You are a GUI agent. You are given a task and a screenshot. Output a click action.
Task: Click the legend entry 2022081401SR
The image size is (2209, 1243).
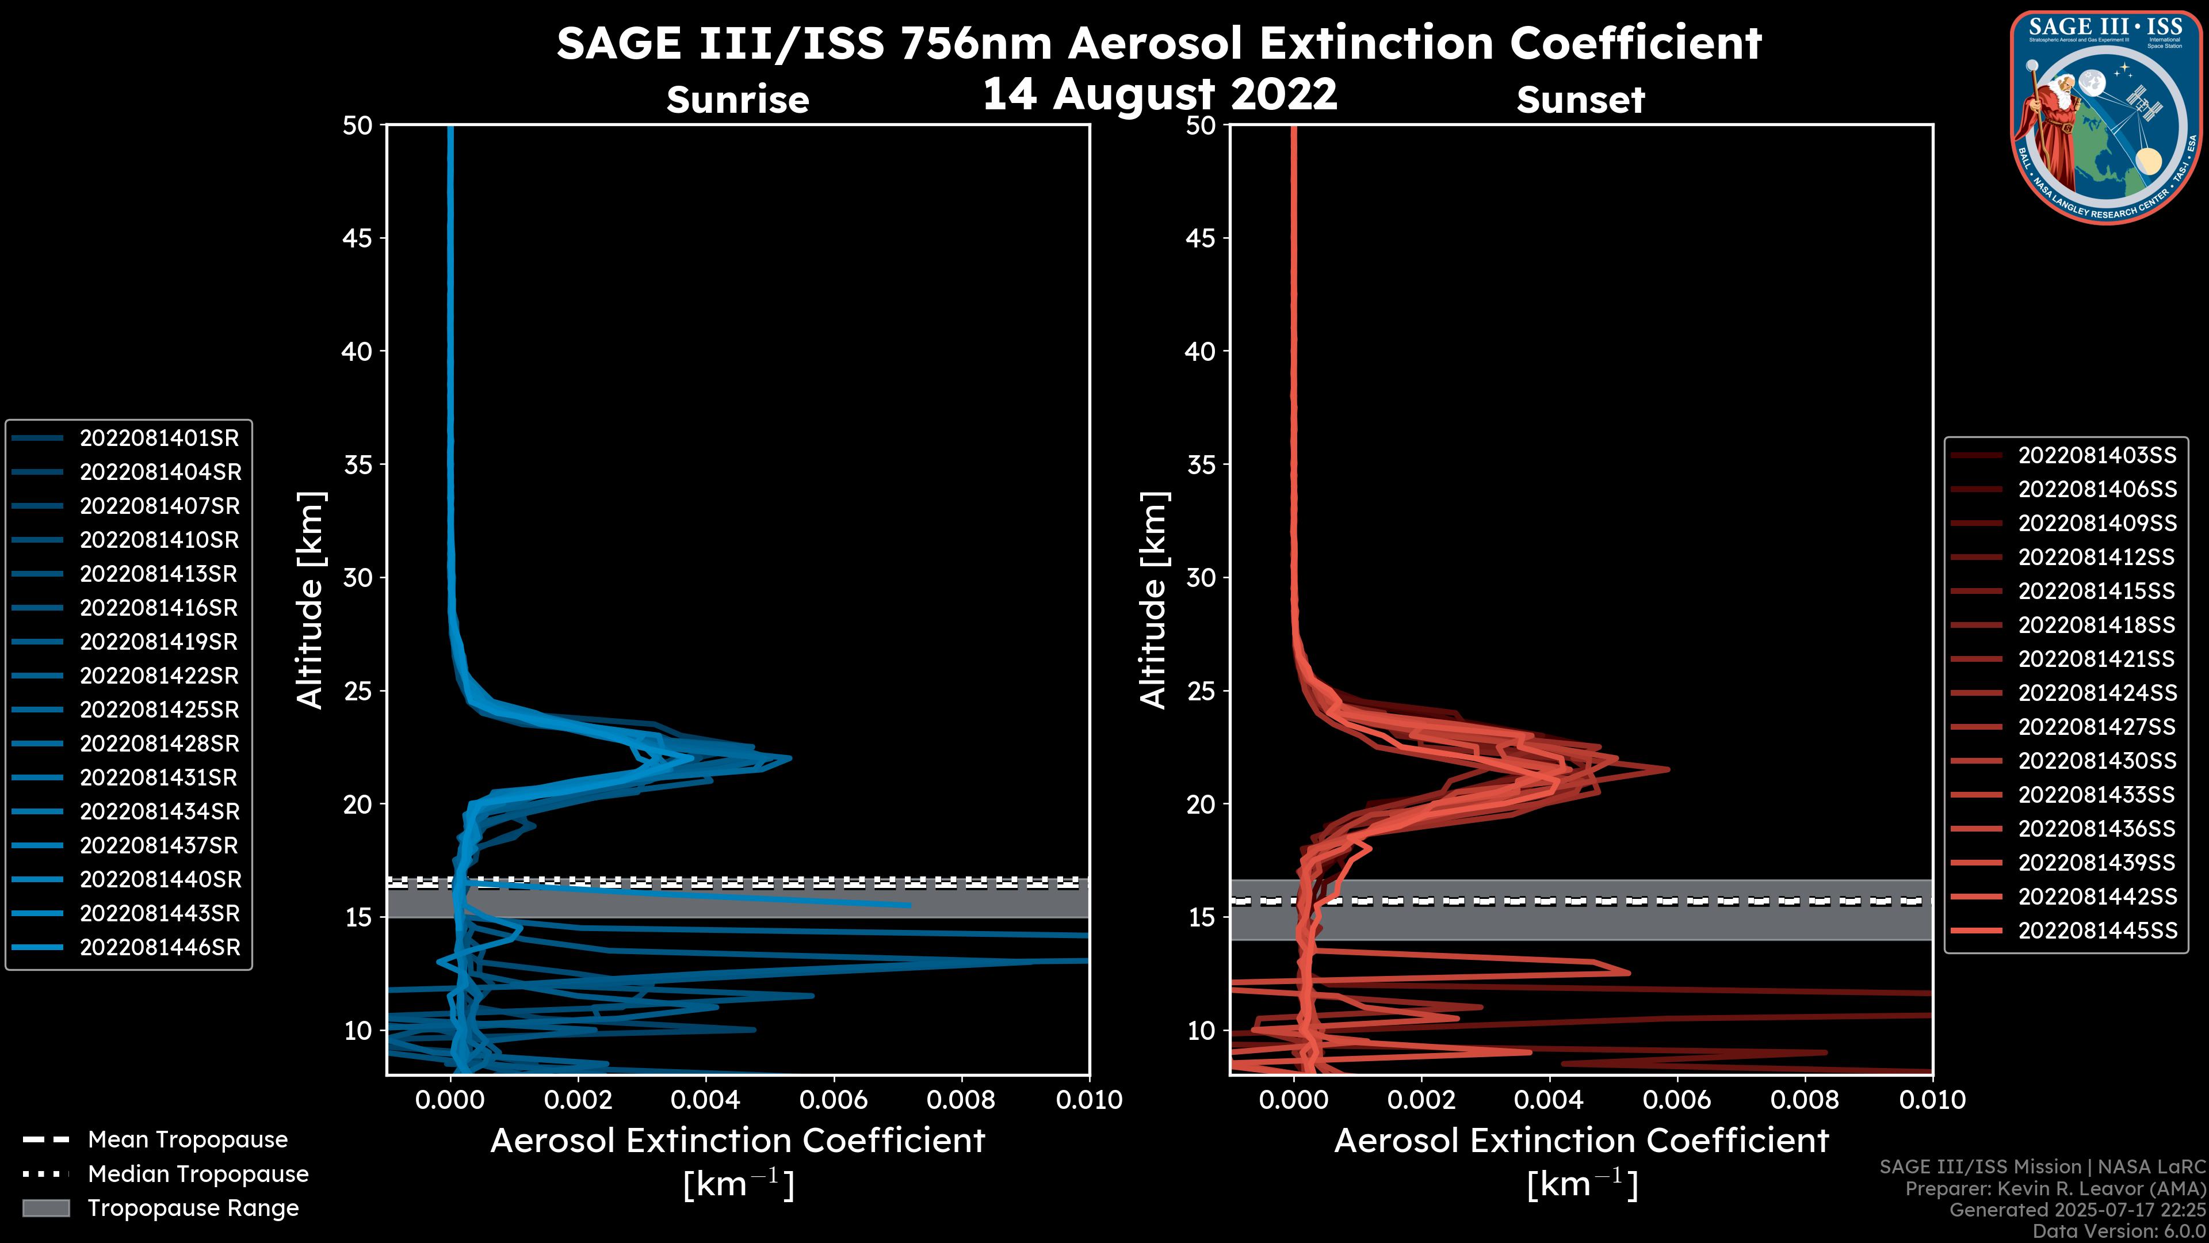point(159,439)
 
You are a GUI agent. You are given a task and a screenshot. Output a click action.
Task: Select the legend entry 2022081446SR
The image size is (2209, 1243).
point(159,948)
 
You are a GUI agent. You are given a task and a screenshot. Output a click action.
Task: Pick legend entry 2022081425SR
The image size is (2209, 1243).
point(159,710)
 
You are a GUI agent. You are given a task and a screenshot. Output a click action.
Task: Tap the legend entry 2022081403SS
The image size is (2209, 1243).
point(2097,456)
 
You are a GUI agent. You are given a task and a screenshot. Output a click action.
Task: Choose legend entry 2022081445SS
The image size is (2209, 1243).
point(2097,931)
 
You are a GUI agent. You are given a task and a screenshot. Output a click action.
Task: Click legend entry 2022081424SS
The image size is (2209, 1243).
point(2097,693)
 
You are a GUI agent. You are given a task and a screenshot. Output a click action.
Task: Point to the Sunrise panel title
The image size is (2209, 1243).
point(737,100)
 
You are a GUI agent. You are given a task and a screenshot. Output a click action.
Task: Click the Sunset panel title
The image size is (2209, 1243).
point(1580,100)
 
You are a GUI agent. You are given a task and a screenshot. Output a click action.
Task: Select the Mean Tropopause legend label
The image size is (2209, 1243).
point(188,1140)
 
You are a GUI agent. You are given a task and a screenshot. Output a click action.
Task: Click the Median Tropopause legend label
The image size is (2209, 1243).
point(198,1175)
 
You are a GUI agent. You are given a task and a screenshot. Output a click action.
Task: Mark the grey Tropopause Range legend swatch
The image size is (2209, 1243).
point(46,1208)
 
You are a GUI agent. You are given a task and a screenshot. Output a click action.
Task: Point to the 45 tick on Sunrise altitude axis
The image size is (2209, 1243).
point(358,238)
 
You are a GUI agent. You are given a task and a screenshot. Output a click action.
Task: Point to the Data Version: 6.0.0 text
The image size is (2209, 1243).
point(2119,1232)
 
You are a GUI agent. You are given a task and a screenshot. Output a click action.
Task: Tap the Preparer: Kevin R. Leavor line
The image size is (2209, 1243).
point(2055,1189)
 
